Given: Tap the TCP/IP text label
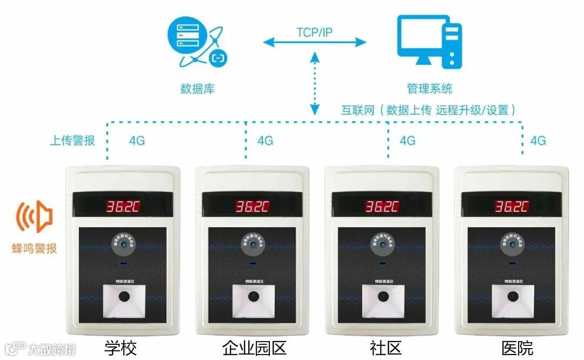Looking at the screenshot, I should click(x=314, y=32).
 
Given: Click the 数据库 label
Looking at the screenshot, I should click(x=197, y=89).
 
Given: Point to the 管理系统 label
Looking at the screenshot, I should click(x=429, y=89).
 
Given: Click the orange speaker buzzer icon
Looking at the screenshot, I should click(x=34, y=218).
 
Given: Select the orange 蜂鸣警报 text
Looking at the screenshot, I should click(x=35, y=249).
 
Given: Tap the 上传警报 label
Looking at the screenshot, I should click(x=72, y=141).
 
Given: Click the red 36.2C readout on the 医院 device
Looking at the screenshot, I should click(x=512, y=206).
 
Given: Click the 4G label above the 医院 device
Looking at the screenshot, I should click(x=538, y=141).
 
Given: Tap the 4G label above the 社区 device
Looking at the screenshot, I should click(x=407, y=141).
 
